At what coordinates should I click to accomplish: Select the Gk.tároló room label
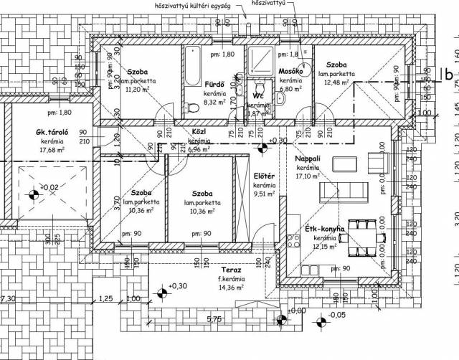52,133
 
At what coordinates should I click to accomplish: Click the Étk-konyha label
326,229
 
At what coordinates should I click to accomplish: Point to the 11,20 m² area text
138,90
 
